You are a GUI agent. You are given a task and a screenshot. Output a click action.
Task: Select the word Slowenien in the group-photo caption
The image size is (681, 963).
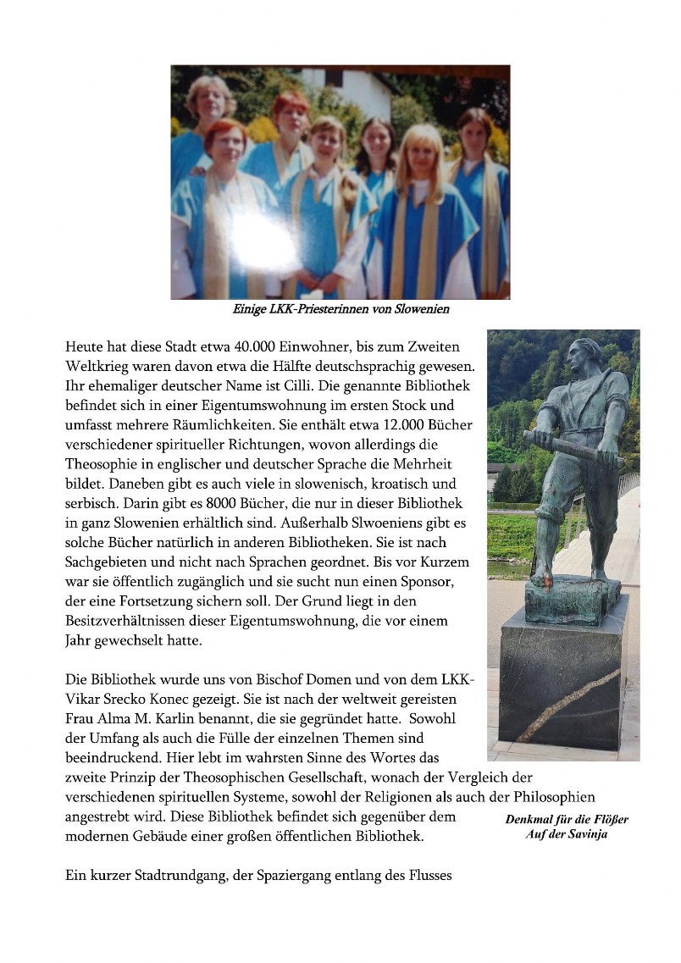coord(419,310)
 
